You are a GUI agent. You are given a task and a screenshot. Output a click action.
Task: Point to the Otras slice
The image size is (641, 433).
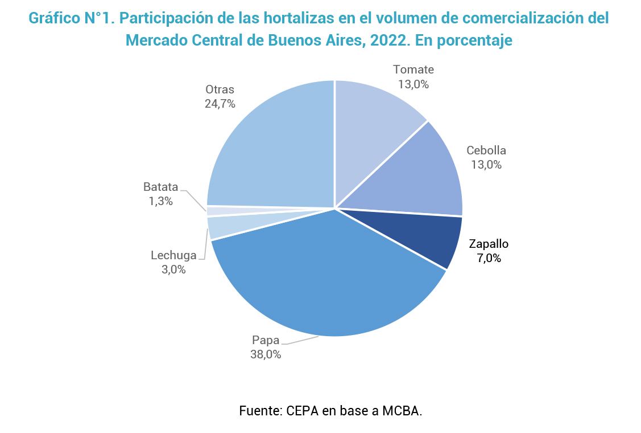pyautogui.click(x=273, y=148)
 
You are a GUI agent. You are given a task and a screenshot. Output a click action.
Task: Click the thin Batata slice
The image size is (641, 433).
pyautogui.click(x=213, y=211)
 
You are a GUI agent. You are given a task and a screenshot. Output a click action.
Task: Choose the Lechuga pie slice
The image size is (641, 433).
pyautogui.click(x=216, y=227)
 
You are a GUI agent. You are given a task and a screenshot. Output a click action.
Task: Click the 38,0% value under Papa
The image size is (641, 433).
pyautogui.click(x=266, y=354)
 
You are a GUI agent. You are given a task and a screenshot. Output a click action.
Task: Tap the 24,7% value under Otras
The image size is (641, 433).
pyautogui.click(x=220, y=104)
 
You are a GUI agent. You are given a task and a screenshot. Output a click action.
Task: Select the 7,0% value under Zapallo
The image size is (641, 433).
pyautogui.click(x=489, y=258)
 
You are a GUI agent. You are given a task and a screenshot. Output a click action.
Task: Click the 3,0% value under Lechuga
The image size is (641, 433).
pyautogui.click(x=173, y=269)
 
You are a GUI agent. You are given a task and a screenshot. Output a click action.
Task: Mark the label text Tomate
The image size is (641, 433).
pyautogui.click(x=413, y=70)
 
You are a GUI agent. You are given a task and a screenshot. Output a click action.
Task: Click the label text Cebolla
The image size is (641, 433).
pyautogui.click(x=486, y=150)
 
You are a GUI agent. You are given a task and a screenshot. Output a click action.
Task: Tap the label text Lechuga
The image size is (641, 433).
pyautogui.click(x=173, y=255)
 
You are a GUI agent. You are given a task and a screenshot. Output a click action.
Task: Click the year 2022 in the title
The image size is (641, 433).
pyautogui.click(x=379, y=41)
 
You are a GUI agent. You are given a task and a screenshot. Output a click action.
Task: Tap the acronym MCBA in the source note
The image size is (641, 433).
pyautogui.click(x=401, y=411)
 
